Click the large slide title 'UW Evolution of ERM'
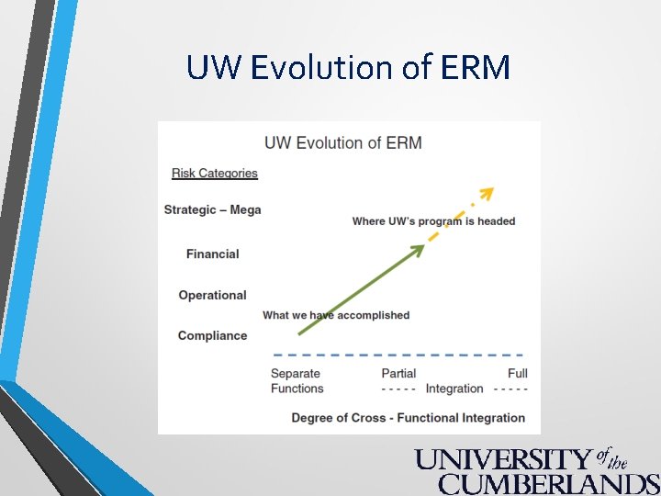coord(348,67)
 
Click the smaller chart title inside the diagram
coord(342,142)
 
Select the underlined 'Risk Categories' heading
coord(215,173)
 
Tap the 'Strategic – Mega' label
coord(213,209)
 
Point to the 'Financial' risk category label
coord(212,254)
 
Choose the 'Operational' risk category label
coord(212,295)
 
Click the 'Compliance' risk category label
coord(212,335)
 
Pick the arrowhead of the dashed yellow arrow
coord(487,193)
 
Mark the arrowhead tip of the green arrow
coord(421,246)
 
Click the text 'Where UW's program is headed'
coord(433,220)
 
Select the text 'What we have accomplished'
coord(336,315)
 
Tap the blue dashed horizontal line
coord(398,355)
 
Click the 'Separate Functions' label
coord(297,380)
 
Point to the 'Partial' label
coord(398,373)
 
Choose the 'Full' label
coord(518,373)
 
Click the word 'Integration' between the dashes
coord(454,389)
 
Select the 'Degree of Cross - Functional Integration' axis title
coord(408,418)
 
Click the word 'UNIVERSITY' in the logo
coord(502,459)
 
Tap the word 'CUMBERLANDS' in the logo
coord(548,483)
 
